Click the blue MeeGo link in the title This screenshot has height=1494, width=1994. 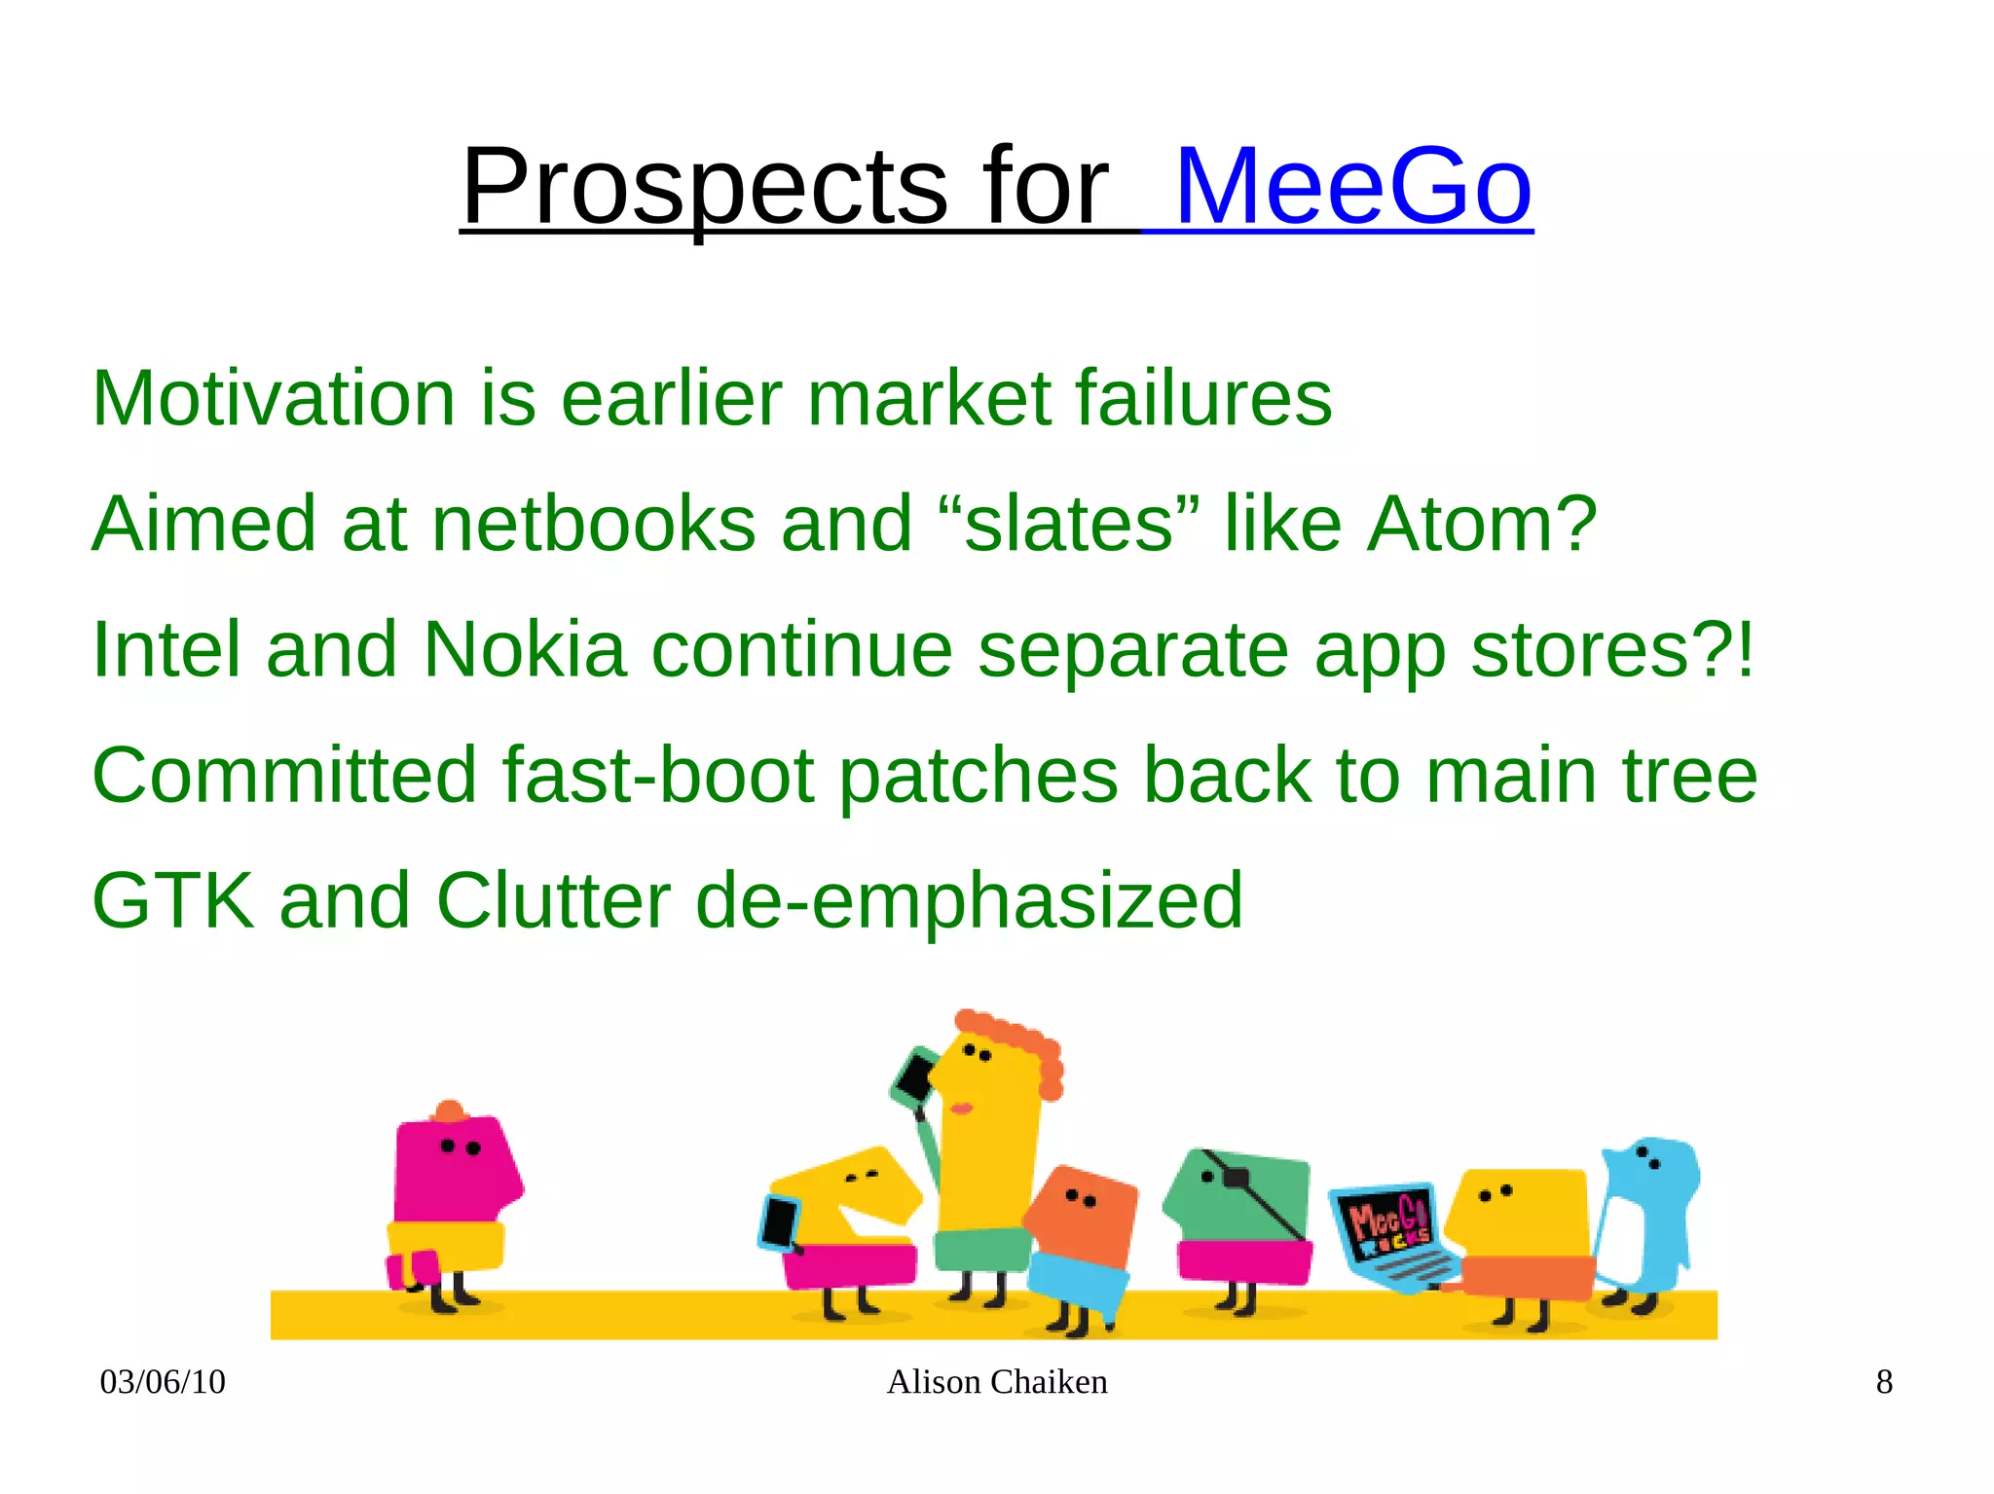pos(1353,186)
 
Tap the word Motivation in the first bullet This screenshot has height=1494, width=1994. pos(273,398)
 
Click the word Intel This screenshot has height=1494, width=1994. pos(166,649)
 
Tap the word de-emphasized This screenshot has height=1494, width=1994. pos(969,900)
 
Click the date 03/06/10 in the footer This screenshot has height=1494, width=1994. pos(163,1382)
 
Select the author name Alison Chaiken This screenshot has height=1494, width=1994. pos(997,1382)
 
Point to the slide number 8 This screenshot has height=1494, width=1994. pos(1884,1382)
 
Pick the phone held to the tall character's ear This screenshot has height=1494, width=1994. pos(915,1075)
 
